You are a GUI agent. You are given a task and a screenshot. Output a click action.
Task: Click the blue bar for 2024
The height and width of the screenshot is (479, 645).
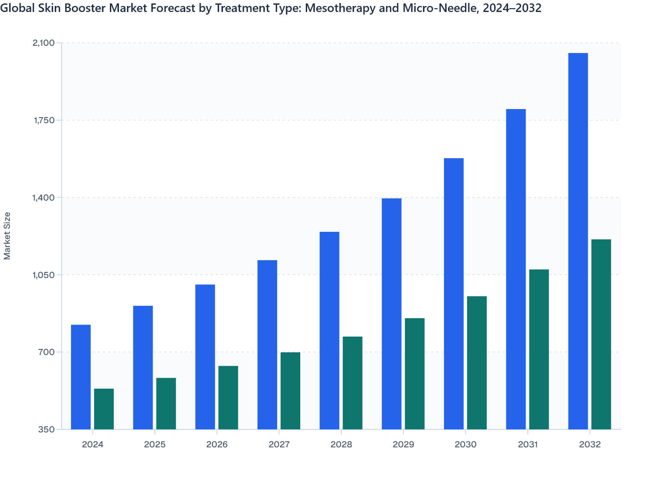81,377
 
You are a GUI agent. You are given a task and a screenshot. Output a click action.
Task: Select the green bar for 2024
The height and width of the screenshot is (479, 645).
104,409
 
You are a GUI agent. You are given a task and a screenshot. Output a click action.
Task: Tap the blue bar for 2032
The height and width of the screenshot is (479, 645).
578,241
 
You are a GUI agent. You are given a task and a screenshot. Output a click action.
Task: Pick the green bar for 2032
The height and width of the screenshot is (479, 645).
601,334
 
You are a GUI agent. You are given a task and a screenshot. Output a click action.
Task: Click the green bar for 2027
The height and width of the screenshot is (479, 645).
290,390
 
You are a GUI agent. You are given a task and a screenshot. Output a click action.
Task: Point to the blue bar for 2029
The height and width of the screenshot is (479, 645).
391,313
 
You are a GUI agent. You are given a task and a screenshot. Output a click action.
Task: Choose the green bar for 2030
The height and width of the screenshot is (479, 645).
477,363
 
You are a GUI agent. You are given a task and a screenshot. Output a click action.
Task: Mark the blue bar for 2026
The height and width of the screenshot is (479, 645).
205,357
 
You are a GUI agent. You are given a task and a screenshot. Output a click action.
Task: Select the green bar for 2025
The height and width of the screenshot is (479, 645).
166,403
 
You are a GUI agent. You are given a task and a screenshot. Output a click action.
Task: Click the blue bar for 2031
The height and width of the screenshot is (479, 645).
516,269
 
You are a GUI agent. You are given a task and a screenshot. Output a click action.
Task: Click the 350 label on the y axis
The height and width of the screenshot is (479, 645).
47,429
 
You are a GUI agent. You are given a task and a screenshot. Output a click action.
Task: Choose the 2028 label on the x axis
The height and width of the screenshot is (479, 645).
341,444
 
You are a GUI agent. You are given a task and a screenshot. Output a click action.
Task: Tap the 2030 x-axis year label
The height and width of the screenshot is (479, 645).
465,444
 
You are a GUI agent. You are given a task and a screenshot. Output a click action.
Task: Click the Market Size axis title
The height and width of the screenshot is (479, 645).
7,236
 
